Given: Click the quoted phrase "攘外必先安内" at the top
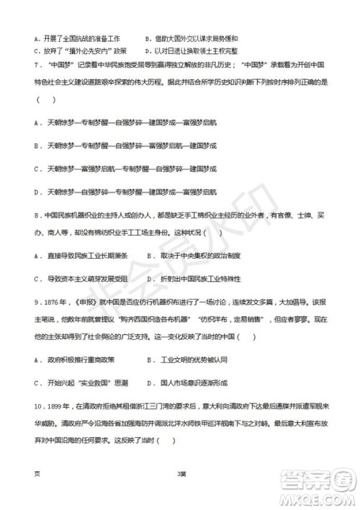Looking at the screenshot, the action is pyautogui.click(x=89, y=50).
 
